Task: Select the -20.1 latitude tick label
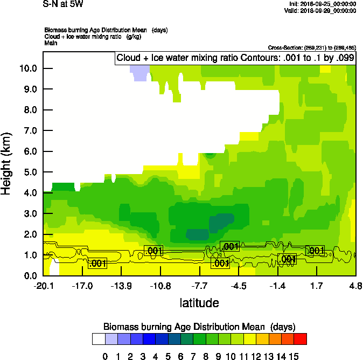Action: point(43,286)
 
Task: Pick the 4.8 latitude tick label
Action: point(355,286)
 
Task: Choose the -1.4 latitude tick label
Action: point(278,286)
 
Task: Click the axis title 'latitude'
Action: point(199,303)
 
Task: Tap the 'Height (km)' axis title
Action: point(7,163)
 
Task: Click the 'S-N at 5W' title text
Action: point(64,4)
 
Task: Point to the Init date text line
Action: point(322,4)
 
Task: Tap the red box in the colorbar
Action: point(301,339)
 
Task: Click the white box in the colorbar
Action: point(98,339)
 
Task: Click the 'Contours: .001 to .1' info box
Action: point(235,58)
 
